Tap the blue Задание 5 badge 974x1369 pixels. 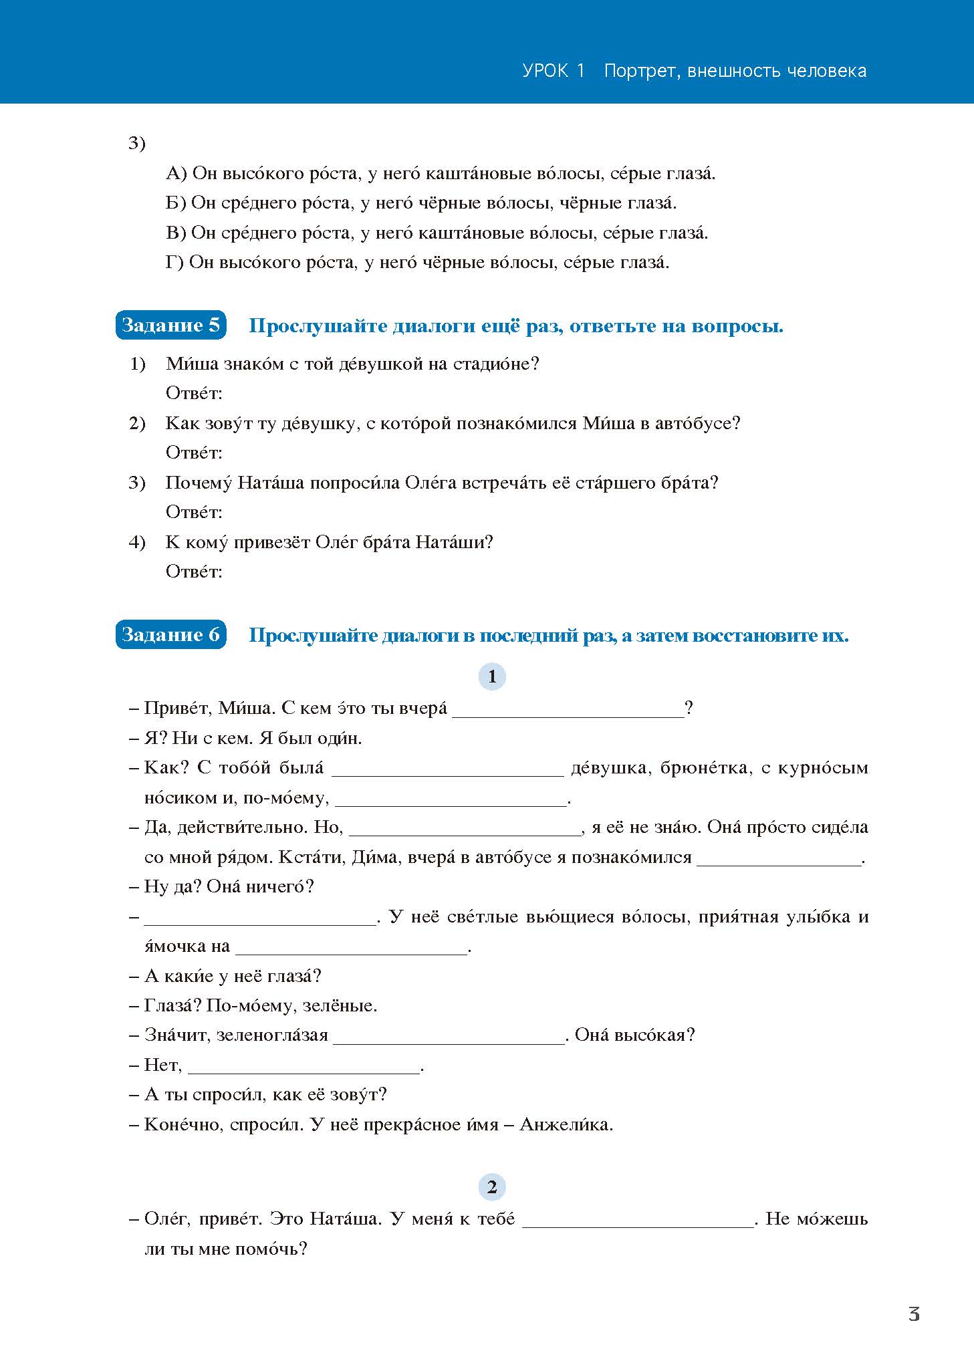tap(170, 326)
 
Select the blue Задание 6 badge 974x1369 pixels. tap(170, 634)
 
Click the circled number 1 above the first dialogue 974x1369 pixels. tap(492, 676)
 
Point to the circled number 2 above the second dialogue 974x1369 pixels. tap(492, 1187)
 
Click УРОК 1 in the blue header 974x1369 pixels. tap(554, 71)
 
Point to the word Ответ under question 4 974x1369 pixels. tap(193, 572)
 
